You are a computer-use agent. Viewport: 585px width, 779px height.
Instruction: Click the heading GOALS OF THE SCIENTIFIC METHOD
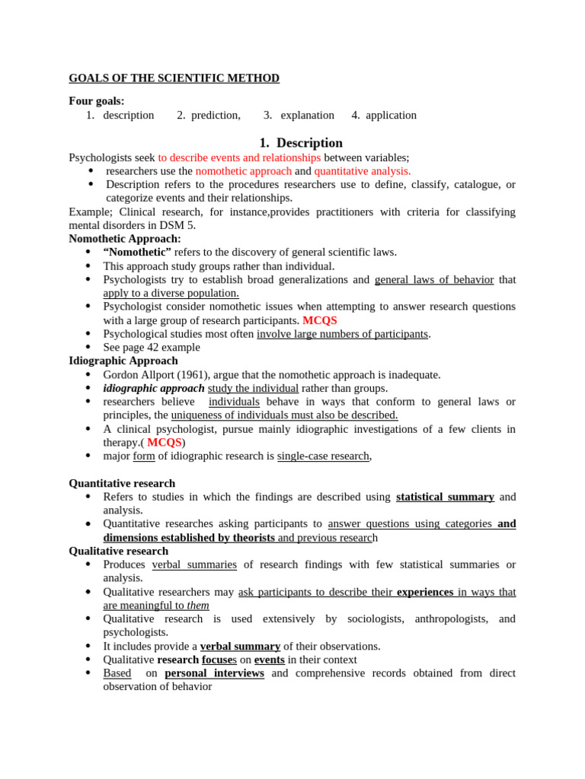pyautogui.click(x=174, y=78)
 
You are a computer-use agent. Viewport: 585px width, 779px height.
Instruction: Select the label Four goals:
pyautogui.click(x=97, y=101)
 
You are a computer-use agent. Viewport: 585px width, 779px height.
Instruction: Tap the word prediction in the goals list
pyautogui.click(x=215, y=115)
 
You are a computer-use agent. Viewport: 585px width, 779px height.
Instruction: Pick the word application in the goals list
pyautogui.click(x=391, y=115)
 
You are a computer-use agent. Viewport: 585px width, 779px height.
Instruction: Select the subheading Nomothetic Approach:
pyautogui.click(x=125, y=239)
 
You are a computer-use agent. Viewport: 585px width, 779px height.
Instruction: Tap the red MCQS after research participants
pyautogui.click(x=320, y=320)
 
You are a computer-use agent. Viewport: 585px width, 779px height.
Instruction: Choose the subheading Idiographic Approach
pyautogui.click(x=123, y=361)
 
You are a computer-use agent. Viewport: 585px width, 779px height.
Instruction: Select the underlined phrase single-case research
pyautogui.click(x=323, y=456)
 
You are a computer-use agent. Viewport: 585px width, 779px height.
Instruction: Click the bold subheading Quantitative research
pyautogui.click(x=122, y=483)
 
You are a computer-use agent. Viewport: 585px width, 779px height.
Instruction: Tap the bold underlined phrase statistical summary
pyautogui.click(x=445, y=497)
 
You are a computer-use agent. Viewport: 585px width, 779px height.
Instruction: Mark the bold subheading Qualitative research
pyautogui.click(x=119, y=551)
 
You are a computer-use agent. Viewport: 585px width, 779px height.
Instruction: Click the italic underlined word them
pyautogui.click(x=198, y=606)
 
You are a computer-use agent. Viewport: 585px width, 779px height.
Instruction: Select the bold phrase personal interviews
pyautogui.click(x=214, y=673)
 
